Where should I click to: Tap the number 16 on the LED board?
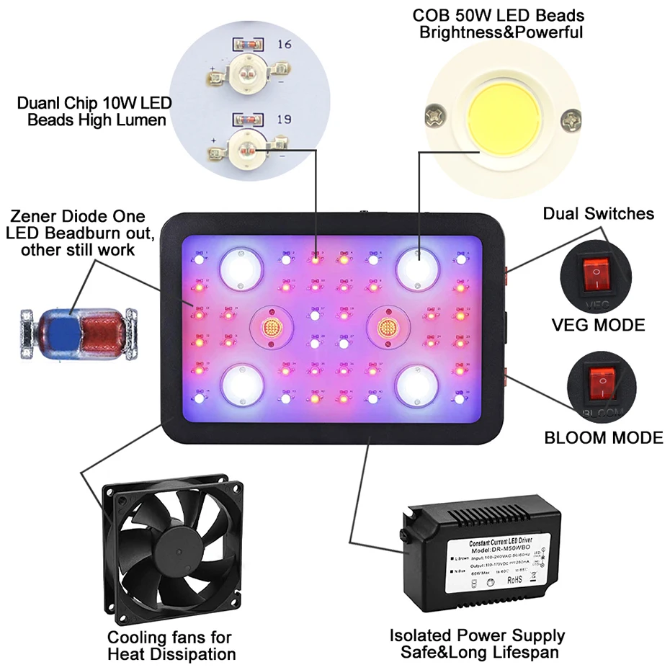tap(284, 45)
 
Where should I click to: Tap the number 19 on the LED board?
tap(284, 119)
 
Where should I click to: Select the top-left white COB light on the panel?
tap(239, 267)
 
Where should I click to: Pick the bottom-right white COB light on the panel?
tap(417, 383)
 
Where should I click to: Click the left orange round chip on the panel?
tap(272, 326)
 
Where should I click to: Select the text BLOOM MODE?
tap(604, 437)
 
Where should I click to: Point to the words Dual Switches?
tap(599, 213)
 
